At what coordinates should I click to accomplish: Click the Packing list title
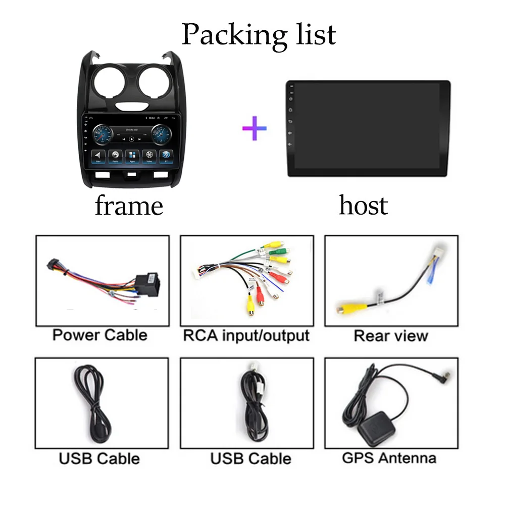point(258,34)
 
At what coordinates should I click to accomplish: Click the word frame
point(129,206)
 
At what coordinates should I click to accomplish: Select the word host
point(363,205)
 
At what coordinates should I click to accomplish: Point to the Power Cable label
point(100,335)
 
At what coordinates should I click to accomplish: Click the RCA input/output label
point(246,335)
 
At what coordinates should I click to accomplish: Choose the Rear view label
point(390,336)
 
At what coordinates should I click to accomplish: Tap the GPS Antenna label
point(389,458)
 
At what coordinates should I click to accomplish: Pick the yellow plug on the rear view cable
point(346,307)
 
